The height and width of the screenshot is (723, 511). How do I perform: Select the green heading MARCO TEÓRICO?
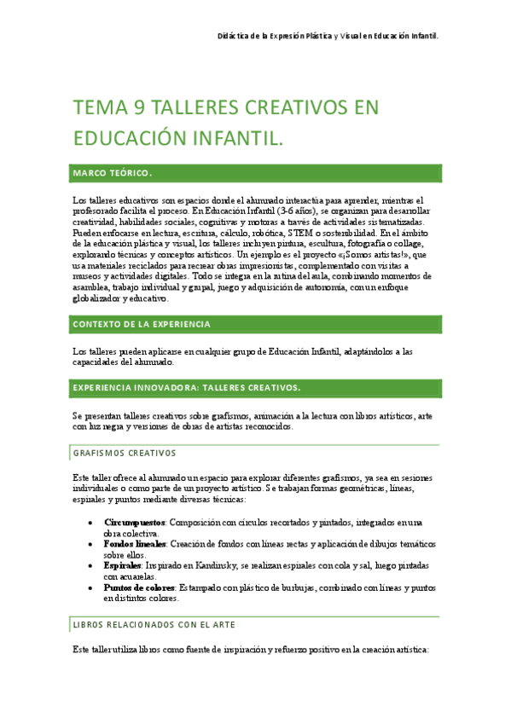113,173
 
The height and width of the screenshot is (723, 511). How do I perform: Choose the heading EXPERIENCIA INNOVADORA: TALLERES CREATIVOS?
187,388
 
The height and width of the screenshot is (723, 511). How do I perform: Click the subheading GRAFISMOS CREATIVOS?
125,453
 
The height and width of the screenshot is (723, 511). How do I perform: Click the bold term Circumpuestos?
134,521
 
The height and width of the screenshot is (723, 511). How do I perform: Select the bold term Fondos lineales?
135,543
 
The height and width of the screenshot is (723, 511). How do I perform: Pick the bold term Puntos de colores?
140,587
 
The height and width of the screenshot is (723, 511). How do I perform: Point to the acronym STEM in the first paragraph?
300,232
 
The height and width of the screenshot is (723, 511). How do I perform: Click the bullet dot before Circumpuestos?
91,522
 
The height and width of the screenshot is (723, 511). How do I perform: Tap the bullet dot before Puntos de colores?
91,587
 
